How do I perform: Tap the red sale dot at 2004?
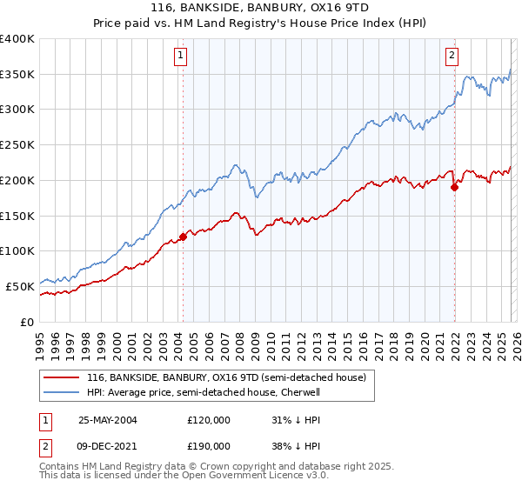click(x=183, y=237)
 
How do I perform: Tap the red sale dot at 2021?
click(x=454, y=186)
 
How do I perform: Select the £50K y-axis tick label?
click(x=20, y=286)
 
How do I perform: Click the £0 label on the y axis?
click(x=27, y=322)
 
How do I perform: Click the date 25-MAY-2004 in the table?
click(x=108, y=419)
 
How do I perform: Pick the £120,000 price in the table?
click(x=209, y=419)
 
